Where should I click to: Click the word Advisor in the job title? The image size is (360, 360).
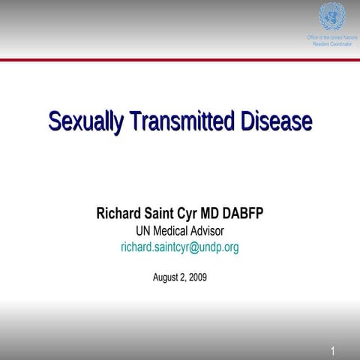pos(208,230)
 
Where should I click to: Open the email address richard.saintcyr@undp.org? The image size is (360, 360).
pos(180,247)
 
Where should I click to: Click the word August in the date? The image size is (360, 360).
pos(166,277)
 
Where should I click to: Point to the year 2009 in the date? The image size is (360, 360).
pos(198,277)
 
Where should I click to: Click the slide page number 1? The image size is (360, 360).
pos(332,350)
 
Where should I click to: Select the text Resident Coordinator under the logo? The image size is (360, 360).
pos(331,44)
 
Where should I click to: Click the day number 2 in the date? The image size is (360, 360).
pos(183,277)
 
